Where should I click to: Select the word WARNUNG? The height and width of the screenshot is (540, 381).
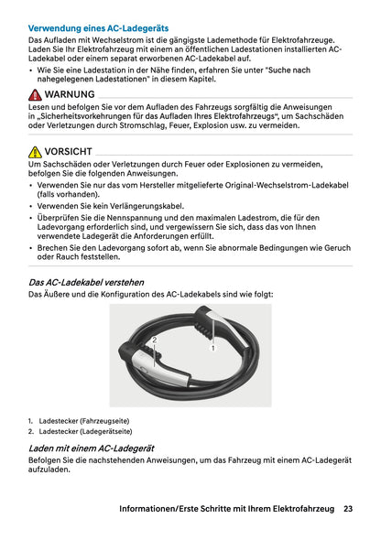(x=69, y=95)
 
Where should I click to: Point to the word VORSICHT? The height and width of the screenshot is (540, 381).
(x=67, y=151)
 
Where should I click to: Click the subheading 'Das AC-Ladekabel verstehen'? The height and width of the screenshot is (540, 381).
(x=86, y=283)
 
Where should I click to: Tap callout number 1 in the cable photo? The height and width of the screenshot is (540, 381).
(x=212, y=349)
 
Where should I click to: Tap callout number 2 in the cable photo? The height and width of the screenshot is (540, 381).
(x=155, y=340)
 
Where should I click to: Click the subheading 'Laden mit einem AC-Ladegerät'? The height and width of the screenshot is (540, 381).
(x=92, y=448)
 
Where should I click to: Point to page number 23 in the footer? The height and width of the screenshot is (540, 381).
(x=349, y=508)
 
